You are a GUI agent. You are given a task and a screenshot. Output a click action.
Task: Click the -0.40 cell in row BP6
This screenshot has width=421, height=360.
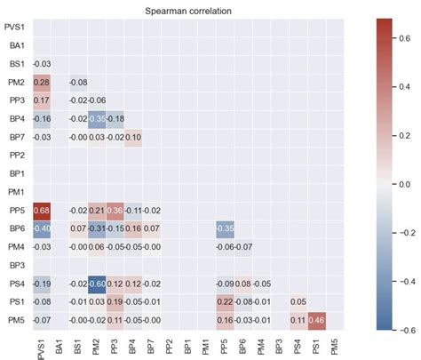(42, 228)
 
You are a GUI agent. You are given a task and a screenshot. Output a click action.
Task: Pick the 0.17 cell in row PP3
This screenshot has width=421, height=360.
(42, 100)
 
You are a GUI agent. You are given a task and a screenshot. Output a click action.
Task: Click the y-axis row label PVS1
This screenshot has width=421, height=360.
(15, 27)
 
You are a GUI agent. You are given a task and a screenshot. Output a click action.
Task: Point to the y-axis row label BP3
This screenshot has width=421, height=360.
(17, 265)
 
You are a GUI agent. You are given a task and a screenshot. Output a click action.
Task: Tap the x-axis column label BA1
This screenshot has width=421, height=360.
(61, 345)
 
